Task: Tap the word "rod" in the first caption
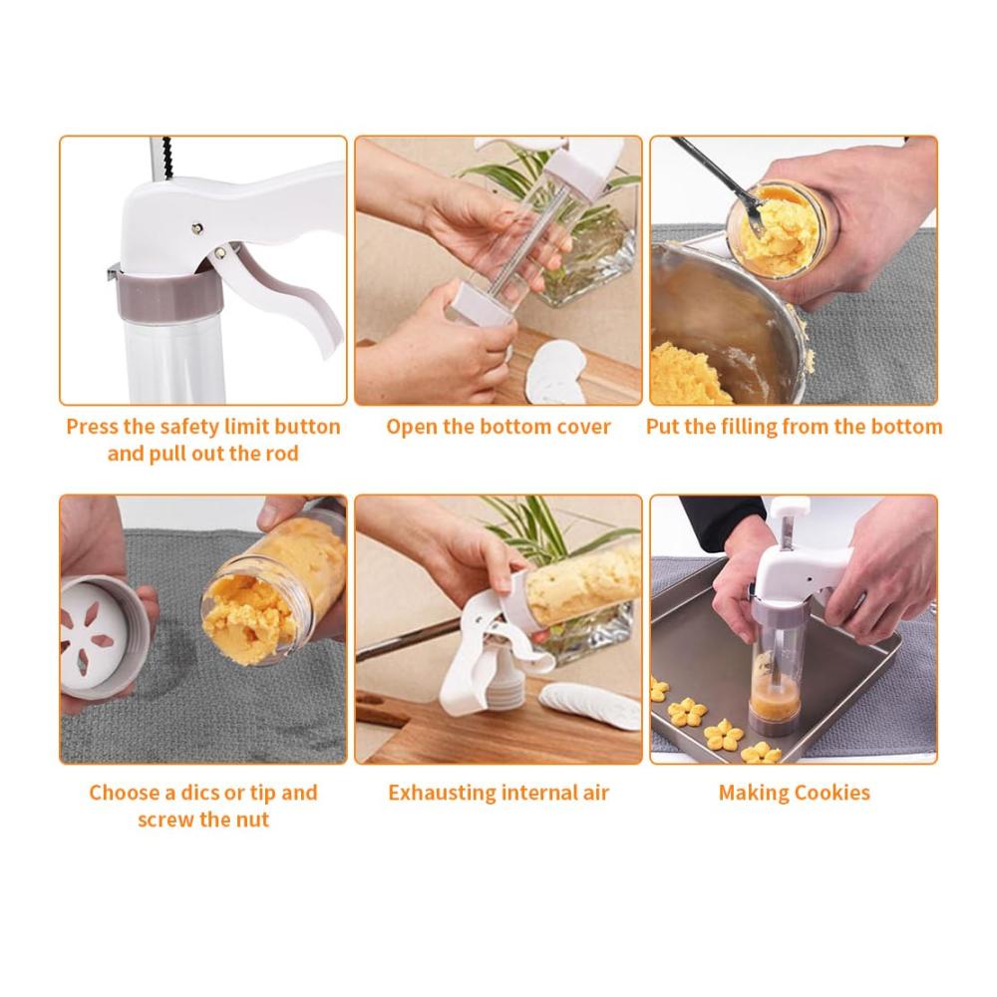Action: click(x=282, y=454)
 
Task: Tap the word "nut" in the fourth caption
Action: click(x=252, y=820)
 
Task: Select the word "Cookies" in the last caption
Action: click(x=831, y=793)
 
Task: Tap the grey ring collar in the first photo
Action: click(x=169, y=295)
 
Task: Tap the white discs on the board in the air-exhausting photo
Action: click(x=591, y=705)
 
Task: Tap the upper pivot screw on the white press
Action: click(x=197, y=227)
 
